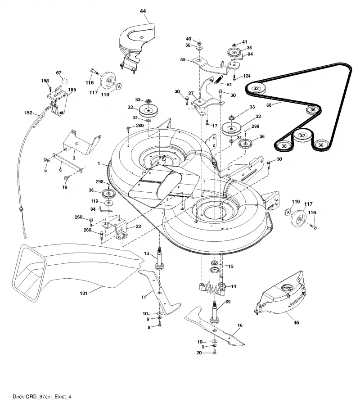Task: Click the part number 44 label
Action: [143, 11]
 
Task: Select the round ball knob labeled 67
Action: [64, 81]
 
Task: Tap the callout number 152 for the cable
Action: [28, 113]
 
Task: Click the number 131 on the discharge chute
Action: [83, 293]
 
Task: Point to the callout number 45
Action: [296, 323]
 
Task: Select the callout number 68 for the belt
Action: [269, 105]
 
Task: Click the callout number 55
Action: [183, 60]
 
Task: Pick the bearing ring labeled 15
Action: [215, 264]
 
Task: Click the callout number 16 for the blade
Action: [240, 325]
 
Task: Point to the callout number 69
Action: [228, 302]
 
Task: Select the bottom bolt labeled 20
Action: [214, 352]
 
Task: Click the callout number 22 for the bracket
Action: [138, 226]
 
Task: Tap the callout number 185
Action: [72, 90]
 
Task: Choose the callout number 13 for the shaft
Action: [147, 253]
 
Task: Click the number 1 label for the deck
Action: [99, 163]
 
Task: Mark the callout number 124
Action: [247, 76]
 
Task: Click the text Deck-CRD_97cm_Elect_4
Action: [42, 397]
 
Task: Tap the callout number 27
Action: [191, 93]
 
